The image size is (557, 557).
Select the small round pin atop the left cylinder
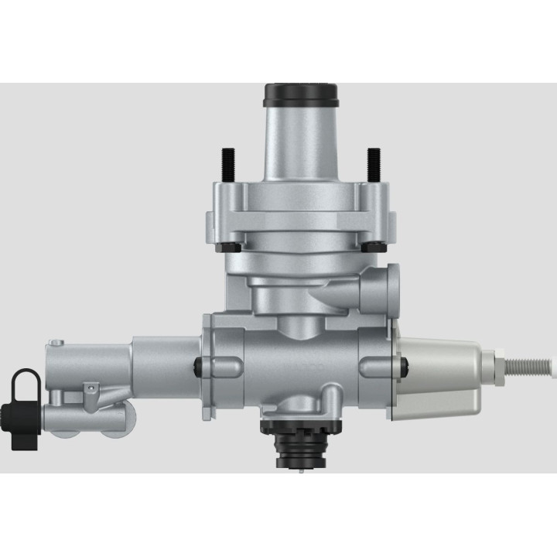(57, 341)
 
